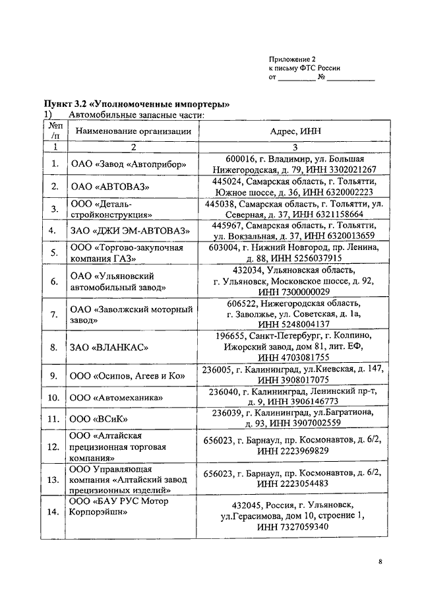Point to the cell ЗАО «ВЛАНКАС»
coord(109,347)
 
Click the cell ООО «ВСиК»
coord(97,419)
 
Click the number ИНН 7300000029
coord(293,292)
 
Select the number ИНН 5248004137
coord(293,325)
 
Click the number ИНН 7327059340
coord(293,527)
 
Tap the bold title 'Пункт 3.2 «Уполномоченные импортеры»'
coord(136,104)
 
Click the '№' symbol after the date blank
coord(322,78)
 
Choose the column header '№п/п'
coord(55,130)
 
